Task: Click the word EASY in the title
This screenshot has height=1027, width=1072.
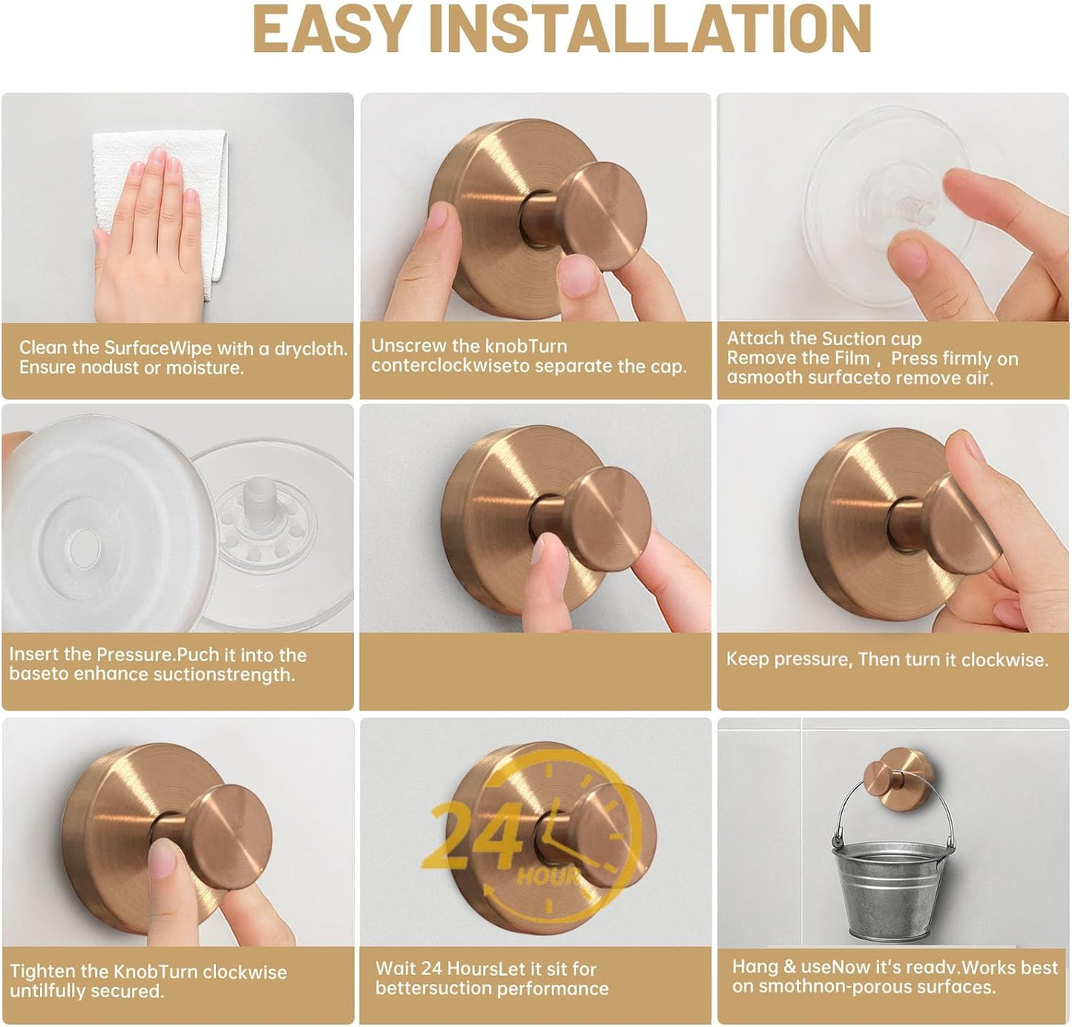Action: click(x=332, y=30)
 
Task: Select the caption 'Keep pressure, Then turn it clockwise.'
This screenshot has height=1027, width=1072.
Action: click(x=887, y=660)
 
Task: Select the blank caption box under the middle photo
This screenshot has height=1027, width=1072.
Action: click(x=535, y=672)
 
